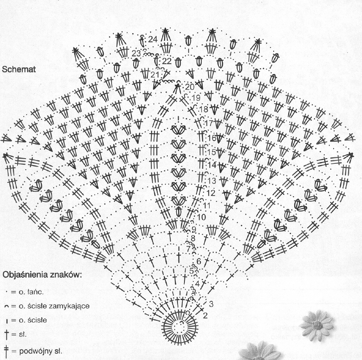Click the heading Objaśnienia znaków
tap(42, 274)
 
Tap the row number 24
tap(153, 39)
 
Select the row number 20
tap(190, 87)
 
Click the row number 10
tap(201, 217)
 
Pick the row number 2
tap(205, 316)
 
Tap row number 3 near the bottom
tap(211, 304)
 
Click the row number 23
tap(136, 53)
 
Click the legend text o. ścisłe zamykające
tap(50, 306)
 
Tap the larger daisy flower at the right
tap(318, 324)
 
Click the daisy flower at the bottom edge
tap(260, 351)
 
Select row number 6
tap(199, 261)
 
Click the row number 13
tap(212, 180)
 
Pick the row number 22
tap(167, 61)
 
